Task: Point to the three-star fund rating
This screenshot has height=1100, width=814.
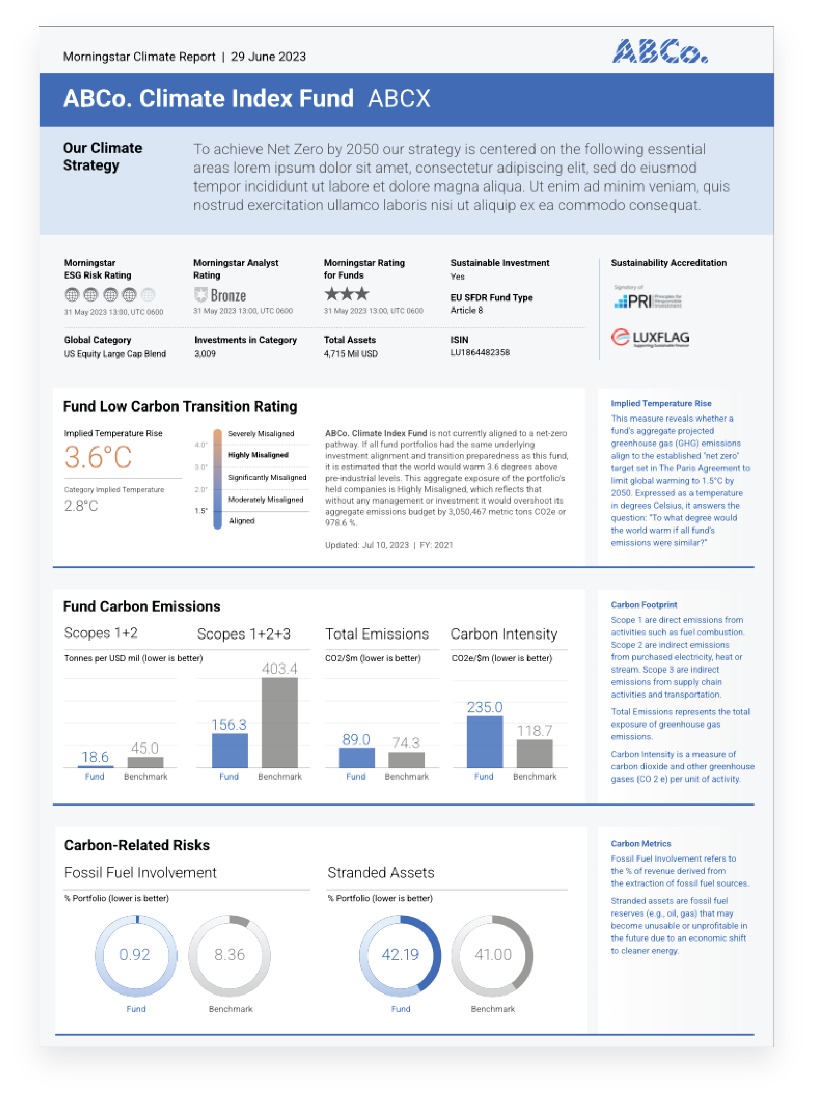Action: pyautogui.click(x=346, y=294)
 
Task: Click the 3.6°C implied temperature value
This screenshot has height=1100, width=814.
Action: pyautogui.click(x=98, y=457)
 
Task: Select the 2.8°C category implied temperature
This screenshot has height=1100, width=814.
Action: pyautogui.click(x=81, y=505)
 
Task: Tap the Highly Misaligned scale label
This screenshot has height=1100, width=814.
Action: pyautogui.click(x=258, y=455)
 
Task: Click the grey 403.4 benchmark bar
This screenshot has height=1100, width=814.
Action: pyautogui.click(x=279, y=722)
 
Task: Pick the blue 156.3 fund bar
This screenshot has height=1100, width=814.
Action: pyautogui.click(x=230, y=750)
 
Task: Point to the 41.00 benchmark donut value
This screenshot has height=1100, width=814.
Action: pyautogui.click(x=493, y=955)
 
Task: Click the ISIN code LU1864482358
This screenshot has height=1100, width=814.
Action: pyautogui.click(x=480, y=352)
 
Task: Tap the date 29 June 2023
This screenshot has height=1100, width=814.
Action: pyautogui.click(x=268, y=57)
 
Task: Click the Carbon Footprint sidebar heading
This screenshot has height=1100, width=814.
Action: pyautogui.click(x=643, y=605)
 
